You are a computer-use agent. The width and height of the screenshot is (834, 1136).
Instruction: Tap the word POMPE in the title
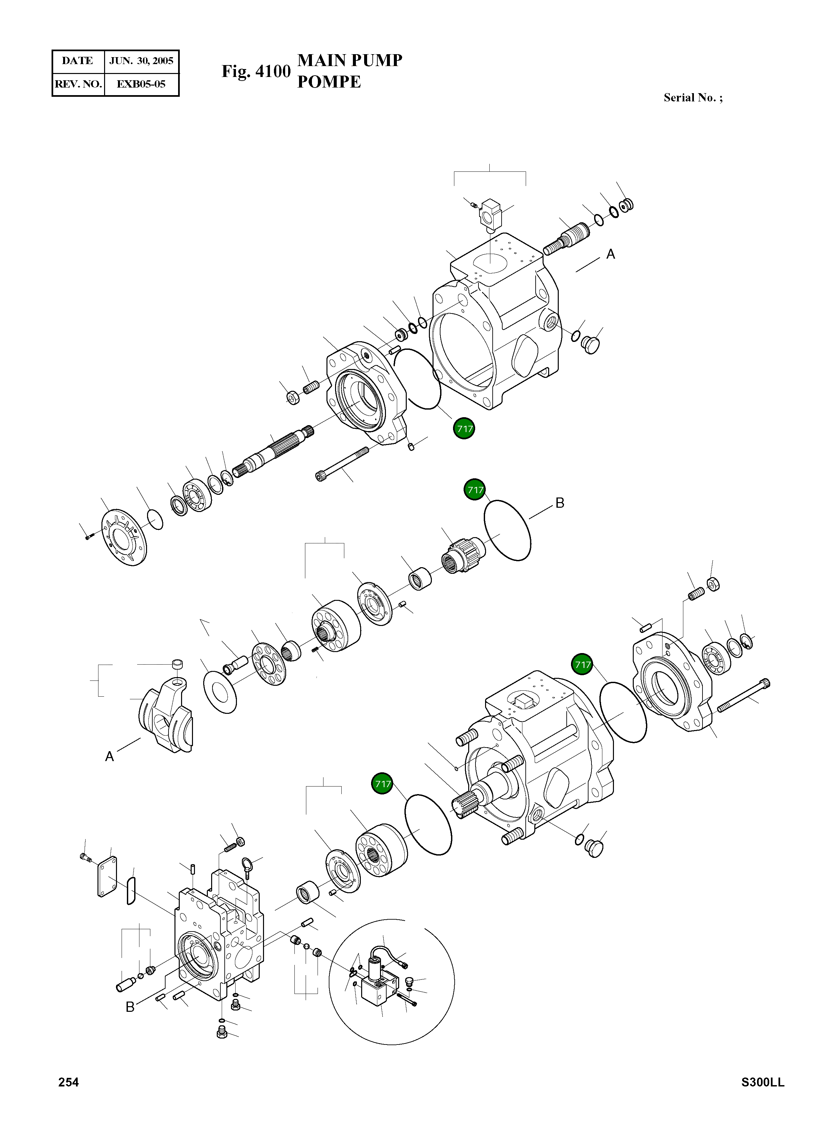[329, 82]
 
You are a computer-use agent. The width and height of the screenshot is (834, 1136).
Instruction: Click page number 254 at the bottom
[69, 1082]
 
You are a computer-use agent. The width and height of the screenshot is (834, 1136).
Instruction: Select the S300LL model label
[762, 1082]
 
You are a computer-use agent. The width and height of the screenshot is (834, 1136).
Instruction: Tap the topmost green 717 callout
[464, 429]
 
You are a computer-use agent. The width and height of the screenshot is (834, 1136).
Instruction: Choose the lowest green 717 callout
[383, 784]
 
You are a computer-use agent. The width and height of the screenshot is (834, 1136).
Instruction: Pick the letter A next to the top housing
[610, 254]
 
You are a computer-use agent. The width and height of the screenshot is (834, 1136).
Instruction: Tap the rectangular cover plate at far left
[107, 878]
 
